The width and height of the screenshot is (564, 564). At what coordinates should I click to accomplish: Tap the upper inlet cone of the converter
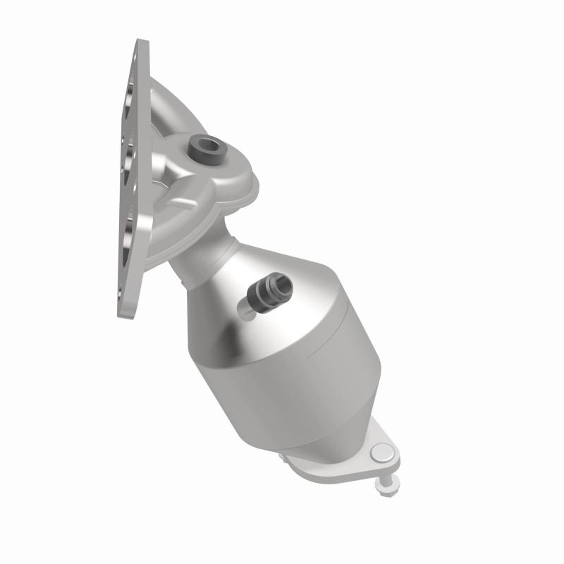coord(233,289)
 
